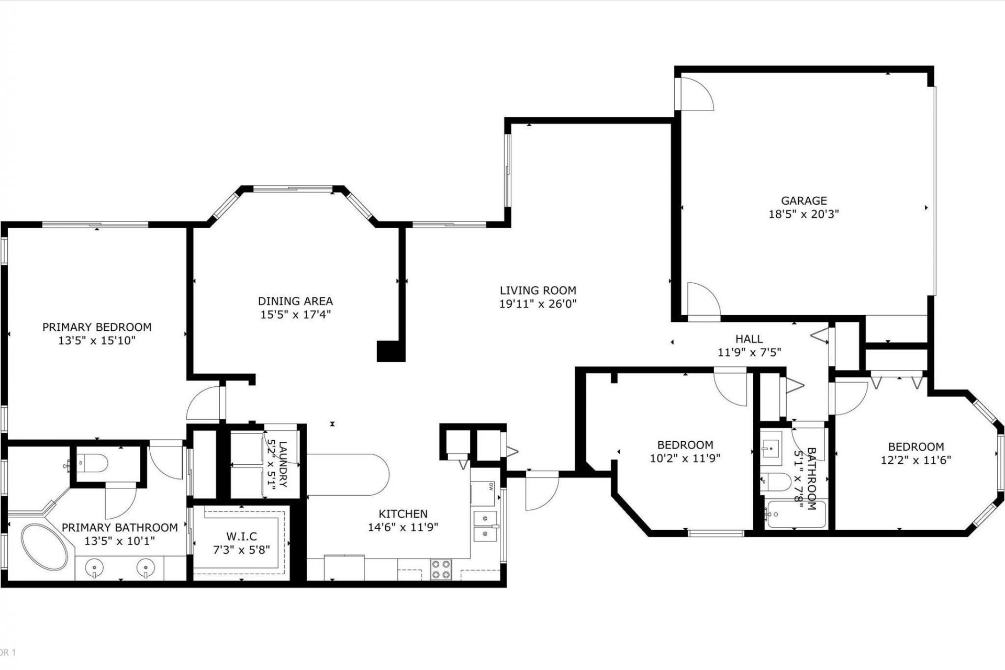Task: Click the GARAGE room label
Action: point(803,200)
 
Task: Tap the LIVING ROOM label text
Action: point(538,291)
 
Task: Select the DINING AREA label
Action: point(295,301)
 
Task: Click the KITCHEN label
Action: point(403,513)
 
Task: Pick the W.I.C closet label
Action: point(241,537)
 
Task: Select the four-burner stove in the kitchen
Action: point(441,569)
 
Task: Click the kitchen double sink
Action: point(485,526)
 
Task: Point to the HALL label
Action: point(749,339)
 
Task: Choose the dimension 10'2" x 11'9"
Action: point(685,459)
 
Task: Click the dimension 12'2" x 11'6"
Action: point(915,460)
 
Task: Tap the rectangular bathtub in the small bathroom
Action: point(794,515)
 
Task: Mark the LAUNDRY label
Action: point(283,464)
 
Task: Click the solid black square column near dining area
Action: point(390,351)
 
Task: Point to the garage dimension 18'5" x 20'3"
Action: point(803,214)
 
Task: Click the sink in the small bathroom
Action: point(770,446)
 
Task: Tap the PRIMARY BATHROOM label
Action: point(120,527)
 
